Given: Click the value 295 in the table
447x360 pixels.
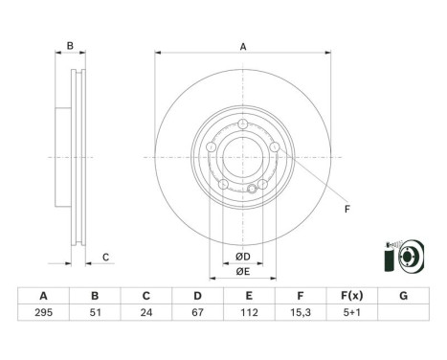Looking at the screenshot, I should tap(40, 312).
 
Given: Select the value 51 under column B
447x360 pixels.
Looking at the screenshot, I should tap(94, 312).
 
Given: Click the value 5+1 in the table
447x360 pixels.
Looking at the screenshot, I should tap(353, 312).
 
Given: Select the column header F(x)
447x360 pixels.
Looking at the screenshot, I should tap(353, 295).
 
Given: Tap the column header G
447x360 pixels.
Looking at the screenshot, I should tap(405, 295).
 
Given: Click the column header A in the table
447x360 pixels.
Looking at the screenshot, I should tap(40, 295).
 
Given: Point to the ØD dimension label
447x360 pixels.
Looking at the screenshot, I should tap(243, 256).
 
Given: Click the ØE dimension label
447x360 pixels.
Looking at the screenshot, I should tap(243, 272).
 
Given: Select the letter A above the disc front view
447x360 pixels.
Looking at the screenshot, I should tap(243, 47).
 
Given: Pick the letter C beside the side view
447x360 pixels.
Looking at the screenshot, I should tap(106, 256).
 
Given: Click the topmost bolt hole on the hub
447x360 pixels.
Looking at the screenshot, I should tap(244, 123).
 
